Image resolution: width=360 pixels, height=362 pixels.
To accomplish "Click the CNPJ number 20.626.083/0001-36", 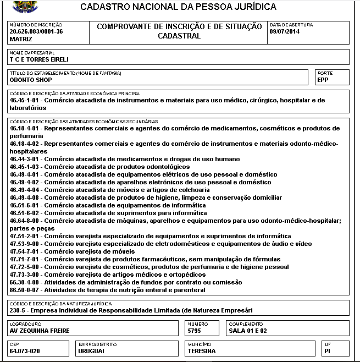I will (36, 32).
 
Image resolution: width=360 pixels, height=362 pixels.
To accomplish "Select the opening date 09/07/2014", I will (284, 32).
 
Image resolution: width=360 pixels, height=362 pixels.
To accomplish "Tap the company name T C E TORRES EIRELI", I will (39, 59).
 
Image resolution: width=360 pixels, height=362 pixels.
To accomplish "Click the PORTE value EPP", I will (323, 80).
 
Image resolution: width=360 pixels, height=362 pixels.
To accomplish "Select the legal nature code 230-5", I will (19, 310).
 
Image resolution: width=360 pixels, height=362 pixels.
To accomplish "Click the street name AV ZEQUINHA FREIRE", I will (40, 331).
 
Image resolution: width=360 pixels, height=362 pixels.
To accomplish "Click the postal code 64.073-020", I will (25, 351).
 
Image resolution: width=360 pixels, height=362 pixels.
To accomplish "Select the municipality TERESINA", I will (201, 351).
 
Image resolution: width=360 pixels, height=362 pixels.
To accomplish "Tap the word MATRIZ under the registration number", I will (21, 39).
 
